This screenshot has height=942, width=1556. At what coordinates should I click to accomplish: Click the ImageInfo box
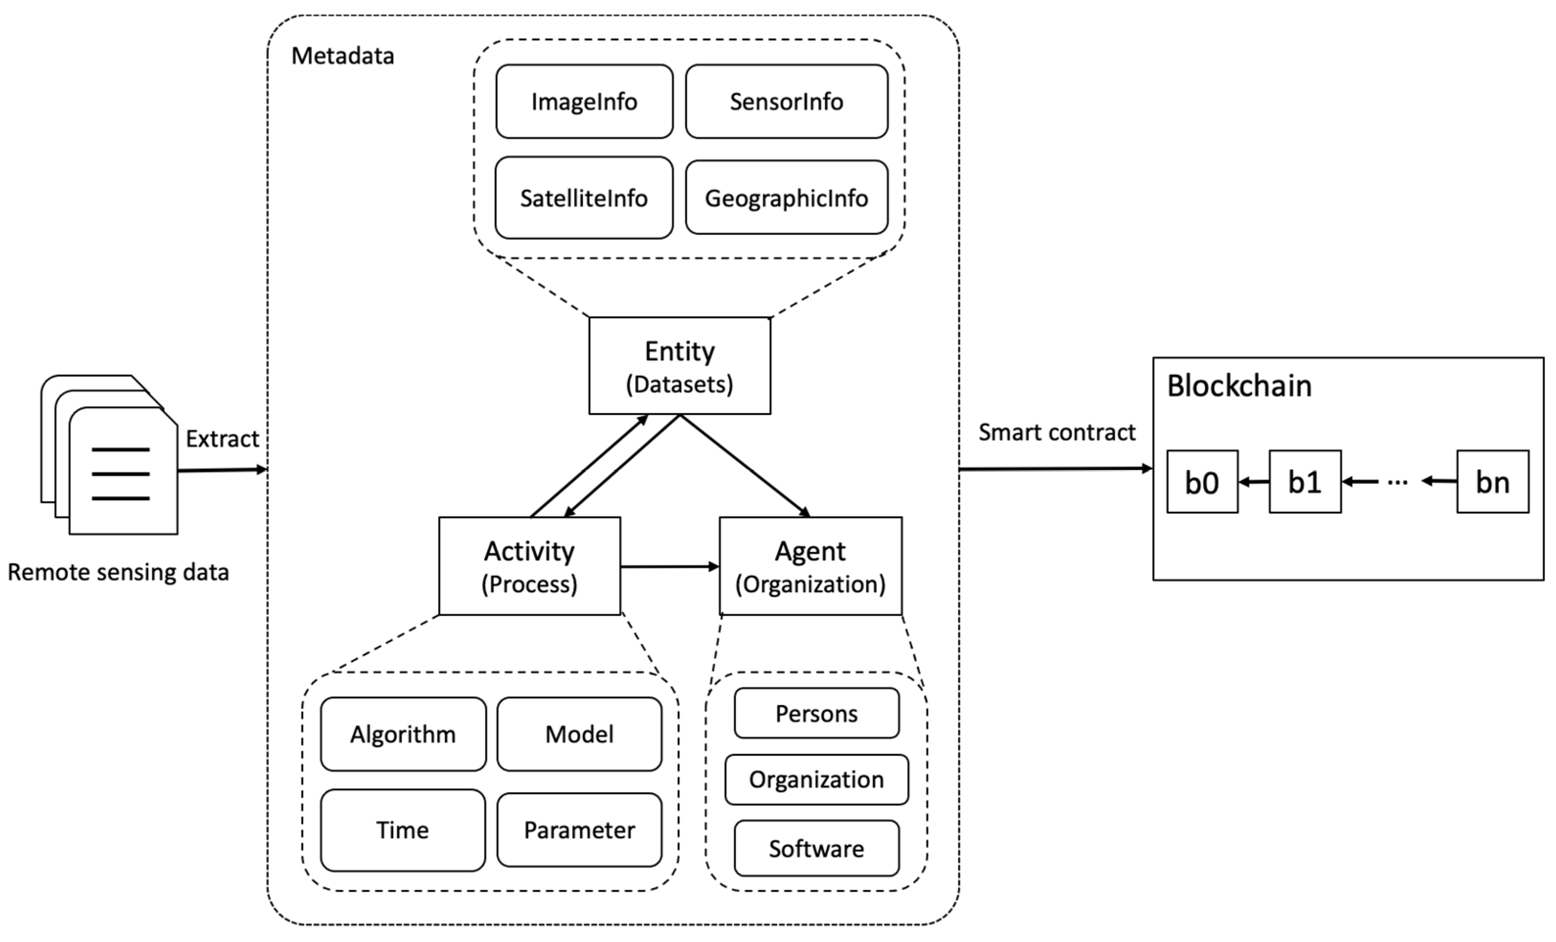[584, 101]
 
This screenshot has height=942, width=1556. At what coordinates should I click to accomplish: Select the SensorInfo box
[786, 101]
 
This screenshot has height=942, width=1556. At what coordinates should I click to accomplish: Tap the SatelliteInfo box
[583, 198]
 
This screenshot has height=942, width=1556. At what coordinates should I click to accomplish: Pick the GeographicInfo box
[786, 198]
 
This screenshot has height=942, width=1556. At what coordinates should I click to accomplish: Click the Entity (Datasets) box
[680, 366]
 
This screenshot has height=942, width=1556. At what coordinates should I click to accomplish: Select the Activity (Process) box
[529, 566]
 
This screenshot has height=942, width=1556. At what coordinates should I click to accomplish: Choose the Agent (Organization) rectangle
[810, 566]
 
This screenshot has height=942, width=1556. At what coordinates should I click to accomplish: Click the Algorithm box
[403, 734]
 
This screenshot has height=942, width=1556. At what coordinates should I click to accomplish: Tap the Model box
[579, 734]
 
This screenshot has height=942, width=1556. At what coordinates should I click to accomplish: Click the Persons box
[817, 714]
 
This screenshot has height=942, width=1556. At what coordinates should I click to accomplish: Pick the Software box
[817, 849]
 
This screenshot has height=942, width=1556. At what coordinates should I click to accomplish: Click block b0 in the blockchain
[1202, 482]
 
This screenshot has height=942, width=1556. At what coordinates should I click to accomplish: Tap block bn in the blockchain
[1492, 482]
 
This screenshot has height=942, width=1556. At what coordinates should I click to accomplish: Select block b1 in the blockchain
[1305, 482]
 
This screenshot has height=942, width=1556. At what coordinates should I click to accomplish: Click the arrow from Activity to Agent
[670, 566]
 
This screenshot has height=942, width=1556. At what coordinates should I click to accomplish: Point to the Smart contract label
[1056, 433]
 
